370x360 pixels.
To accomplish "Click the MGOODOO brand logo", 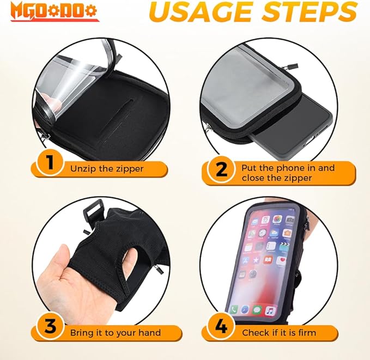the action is coord(55,13).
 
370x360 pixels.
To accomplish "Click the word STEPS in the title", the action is coord(310,11).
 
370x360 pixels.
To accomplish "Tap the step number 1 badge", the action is coord(50,163).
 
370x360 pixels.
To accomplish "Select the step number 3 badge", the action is coord(50,326).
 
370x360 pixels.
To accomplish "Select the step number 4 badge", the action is coord(221,326).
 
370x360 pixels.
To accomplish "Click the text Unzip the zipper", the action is coord(107,169).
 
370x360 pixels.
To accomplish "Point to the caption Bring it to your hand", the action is coord(116,333).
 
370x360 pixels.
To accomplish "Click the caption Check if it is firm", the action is coord(278,333).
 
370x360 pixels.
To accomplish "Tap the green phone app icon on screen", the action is coord(234,309).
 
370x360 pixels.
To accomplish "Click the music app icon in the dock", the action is coord(270,312).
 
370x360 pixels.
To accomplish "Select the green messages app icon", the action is coord(257,310).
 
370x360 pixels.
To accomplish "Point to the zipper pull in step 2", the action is coord(291,66).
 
